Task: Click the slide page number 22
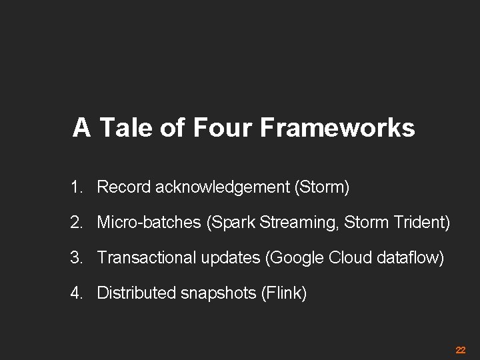(x=460, y=350)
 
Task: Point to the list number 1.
(x=75, y=188)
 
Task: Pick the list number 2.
(x=75, y=223)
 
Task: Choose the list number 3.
(x=75, y=257)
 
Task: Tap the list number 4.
(x=75, y=292)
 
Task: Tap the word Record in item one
(x=124, y=188)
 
